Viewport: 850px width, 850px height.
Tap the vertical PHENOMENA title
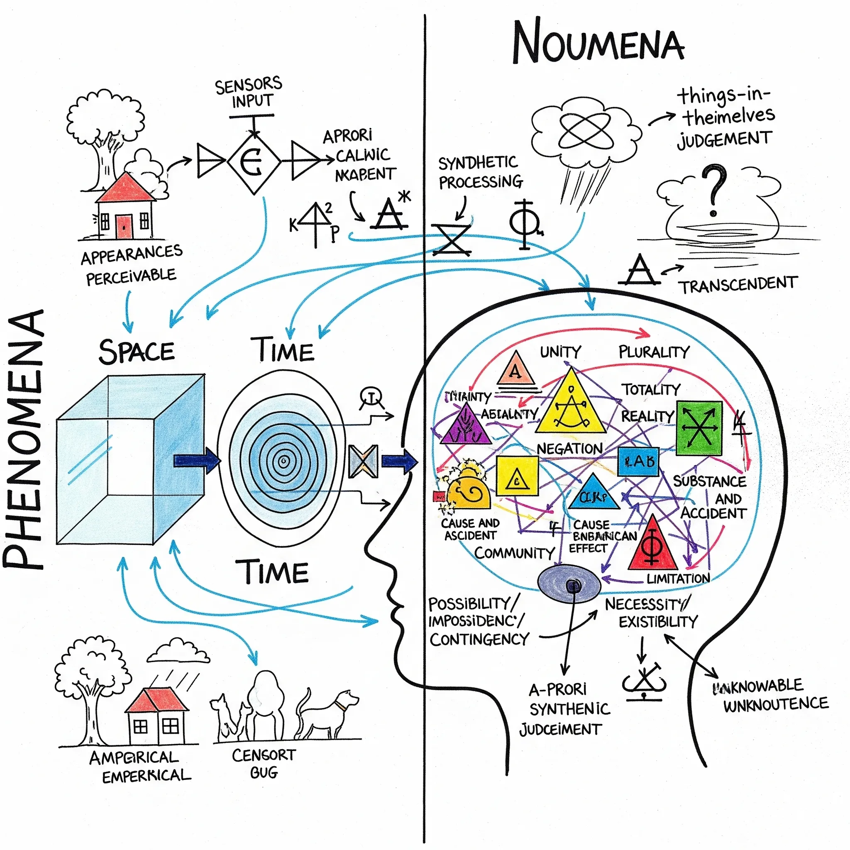click(24, 440)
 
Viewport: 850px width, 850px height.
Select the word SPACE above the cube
click(137, 352)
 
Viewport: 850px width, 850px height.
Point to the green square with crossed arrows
click(699, 427)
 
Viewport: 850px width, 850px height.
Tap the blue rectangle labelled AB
click(638, 462)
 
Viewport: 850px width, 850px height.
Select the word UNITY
click(560, 352)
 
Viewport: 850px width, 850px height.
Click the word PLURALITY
click(654, 352)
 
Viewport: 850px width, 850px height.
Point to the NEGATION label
click(569, 449)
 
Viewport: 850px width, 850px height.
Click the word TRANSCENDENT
click(739, 285)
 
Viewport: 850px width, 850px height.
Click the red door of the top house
click(124, 226)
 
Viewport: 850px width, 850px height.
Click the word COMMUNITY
click(514, 552)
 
